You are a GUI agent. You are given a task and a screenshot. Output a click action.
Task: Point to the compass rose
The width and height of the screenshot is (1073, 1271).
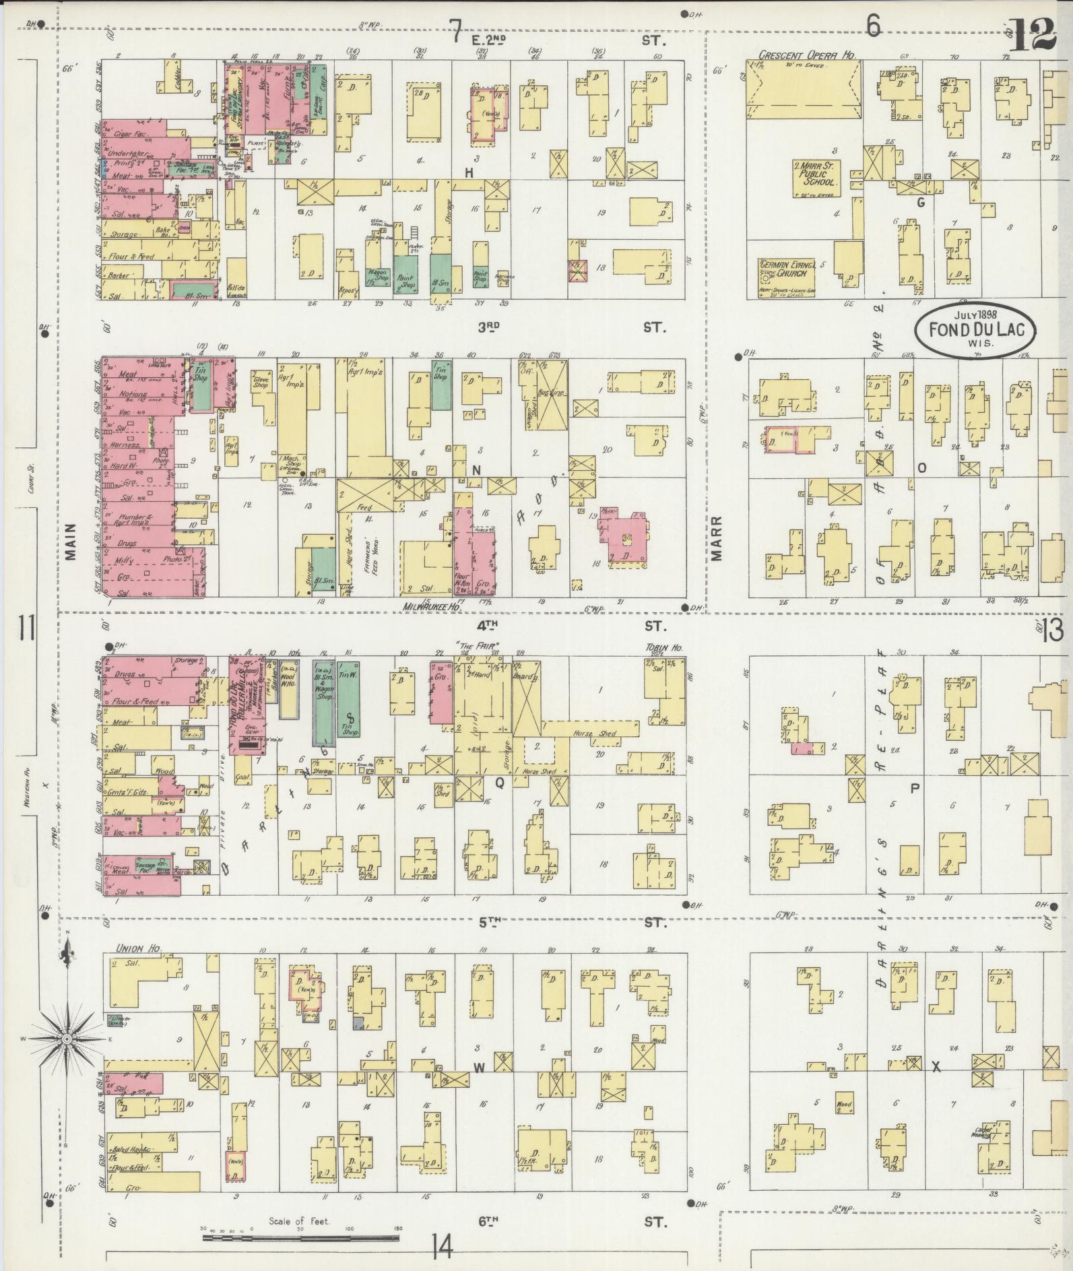coord(67,1058)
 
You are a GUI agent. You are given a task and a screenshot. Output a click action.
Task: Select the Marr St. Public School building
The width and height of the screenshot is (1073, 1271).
coord(816,173)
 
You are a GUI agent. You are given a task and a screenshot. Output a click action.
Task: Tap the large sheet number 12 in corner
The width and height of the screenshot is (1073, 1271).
coord(1031,35)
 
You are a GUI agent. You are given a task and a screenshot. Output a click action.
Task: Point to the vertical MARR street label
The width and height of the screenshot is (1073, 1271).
coord(716,538)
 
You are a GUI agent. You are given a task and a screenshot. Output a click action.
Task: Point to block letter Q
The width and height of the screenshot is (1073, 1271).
coord(500,783)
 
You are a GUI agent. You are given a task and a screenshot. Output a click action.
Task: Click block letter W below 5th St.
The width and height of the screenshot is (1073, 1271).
coord(480,1066)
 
